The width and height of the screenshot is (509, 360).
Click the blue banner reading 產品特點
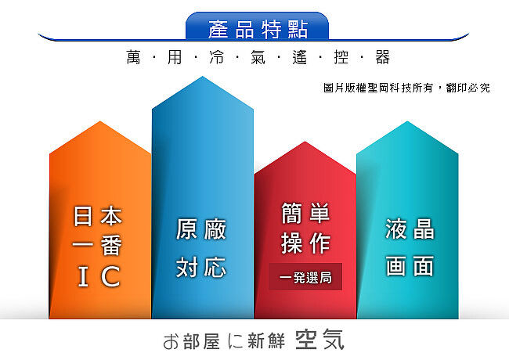tap(257, 27)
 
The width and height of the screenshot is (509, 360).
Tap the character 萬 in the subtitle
tap(133, 57)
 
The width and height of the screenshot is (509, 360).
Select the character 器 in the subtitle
tap(382, 57)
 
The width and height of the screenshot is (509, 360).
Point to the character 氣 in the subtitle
tap(258, 57)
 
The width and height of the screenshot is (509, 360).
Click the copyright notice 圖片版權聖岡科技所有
tap(378, 88)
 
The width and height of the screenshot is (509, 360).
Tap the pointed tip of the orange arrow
tap(100, 121)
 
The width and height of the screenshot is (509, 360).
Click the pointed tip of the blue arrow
tap(203, 77)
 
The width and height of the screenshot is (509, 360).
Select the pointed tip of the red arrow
tap(305, 142)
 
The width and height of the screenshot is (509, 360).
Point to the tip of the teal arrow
tap(407, 121)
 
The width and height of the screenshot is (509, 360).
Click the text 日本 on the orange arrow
tap(98, 216)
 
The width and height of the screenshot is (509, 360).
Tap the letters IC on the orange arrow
tap(99, 276)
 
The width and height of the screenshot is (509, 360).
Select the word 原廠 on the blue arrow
tap(201, 229)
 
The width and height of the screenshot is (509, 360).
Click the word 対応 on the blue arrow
tap(201, 267)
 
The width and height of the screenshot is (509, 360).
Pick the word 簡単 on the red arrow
tap(305, 214)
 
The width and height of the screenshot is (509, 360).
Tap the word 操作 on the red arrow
tap(305, 243)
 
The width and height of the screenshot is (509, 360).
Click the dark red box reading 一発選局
tap(305, 276)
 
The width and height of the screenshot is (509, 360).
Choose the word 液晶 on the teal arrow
tap(410, 229)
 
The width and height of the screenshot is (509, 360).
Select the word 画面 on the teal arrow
tap(410, 266)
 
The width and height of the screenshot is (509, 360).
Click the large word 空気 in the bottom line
tap(319, 340)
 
